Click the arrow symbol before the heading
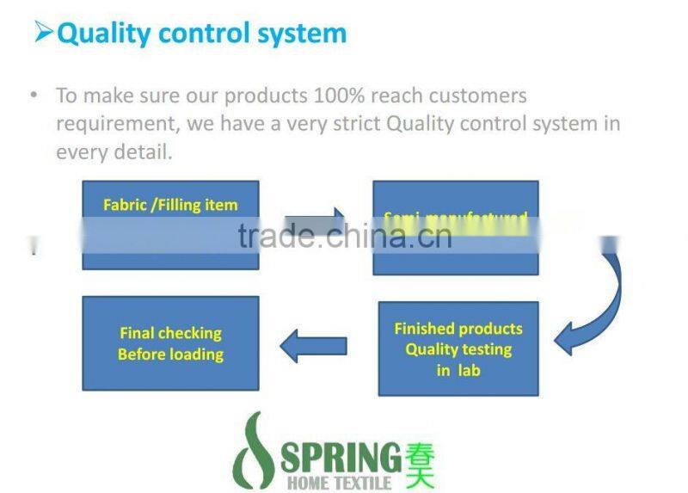point(43,33)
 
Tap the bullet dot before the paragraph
point(34,95)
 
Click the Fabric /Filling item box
point(170,225)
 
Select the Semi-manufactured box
point(455,227)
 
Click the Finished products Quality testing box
point(458,348)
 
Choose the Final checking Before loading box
point(170,343)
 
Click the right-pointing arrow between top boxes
point(314,223)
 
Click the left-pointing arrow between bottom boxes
point(314,346)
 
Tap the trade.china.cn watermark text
point(345,236)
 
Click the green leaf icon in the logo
point(255,451)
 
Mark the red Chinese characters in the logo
point(420,463)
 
